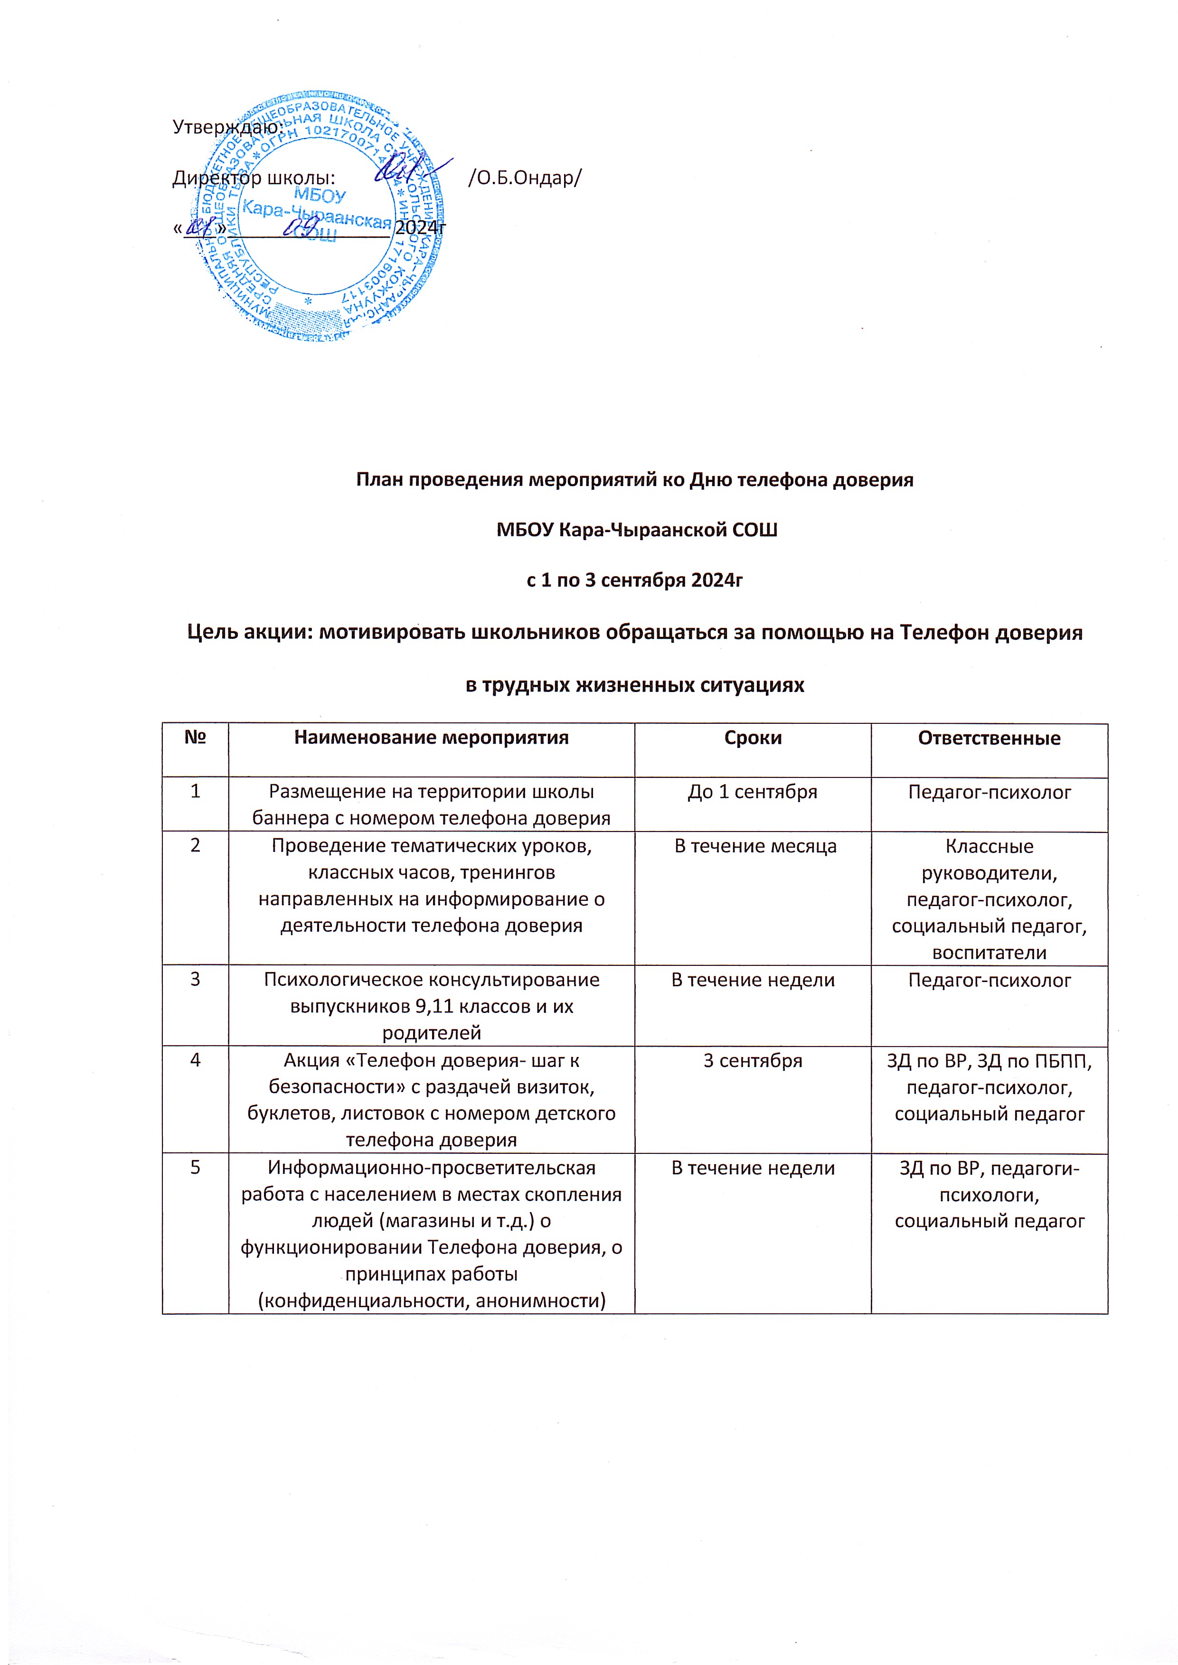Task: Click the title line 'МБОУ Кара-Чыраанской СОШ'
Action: [x=636, y=530]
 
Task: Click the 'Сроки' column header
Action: [x=753, y=738]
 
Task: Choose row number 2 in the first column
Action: [x=195, y=846]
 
